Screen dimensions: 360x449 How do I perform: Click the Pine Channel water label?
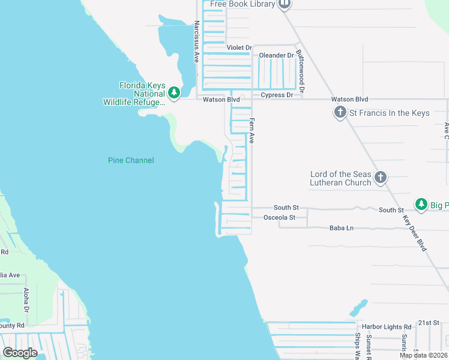pyautogui.click(x=131, y=160)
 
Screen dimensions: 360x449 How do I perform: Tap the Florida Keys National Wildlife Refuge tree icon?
pyautogui.click(x=174, y=92)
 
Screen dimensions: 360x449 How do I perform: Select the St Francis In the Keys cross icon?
pyautogui.click(x=340, y=112)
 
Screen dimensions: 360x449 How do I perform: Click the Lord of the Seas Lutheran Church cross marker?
pyautogui.click(x=381, y=177)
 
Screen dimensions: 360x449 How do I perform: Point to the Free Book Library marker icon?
pyautogui.click(x=285, y=4)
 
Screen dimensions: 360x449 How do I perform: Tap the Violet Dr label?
pyautogui.click(x=238, y=47)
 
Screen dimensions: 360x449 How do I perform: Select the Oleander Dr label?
pyautogui.click(x=276, y=55)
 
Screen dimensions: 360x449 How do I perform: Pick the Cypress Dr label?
pyautogui.click(x=277, y=95)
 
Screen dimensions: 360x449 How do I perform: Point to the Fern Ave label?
pyautogui.click(x=252, y=130)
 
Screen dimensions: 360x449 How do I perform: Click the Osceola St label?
pyautogui.click(x=280, y=217)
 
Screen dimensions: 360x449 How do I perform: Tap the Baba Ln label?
pyautogui.click(x=342, y=228)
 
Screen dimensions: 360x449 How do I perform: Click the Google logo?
pyautogui.click(x=20, y=352)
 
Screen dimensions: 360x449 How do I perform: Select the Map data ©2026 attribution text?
pyautogui.click(x=423, y=355)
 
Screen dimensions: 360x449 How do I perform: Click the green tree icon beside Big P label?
pyautogui.click(x=421, y=204)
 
